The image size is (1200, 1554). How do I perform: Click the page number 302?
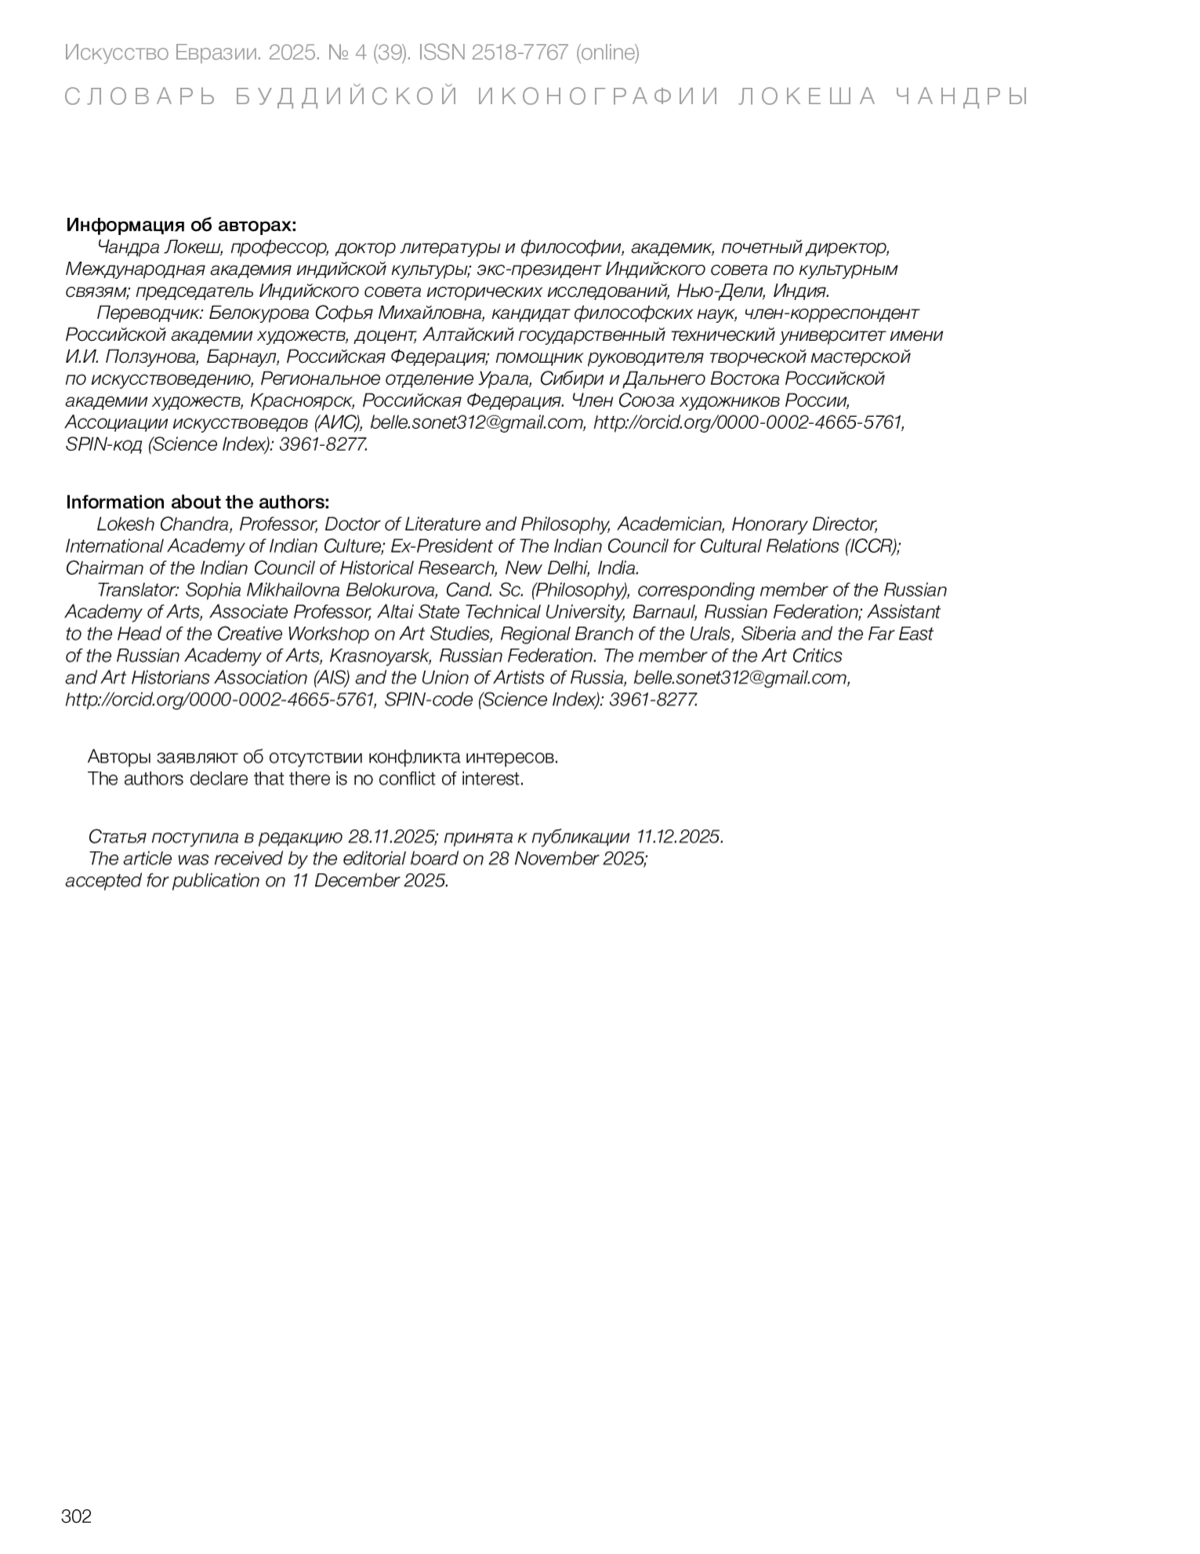pos(76,1517)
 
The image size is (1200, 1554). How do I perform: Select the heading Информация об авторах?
pos(181,225)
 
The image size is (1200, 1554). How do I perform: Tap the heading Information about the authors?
pos(197,502)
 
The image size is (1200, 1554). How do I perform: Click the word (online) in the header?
pos(608,52)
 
